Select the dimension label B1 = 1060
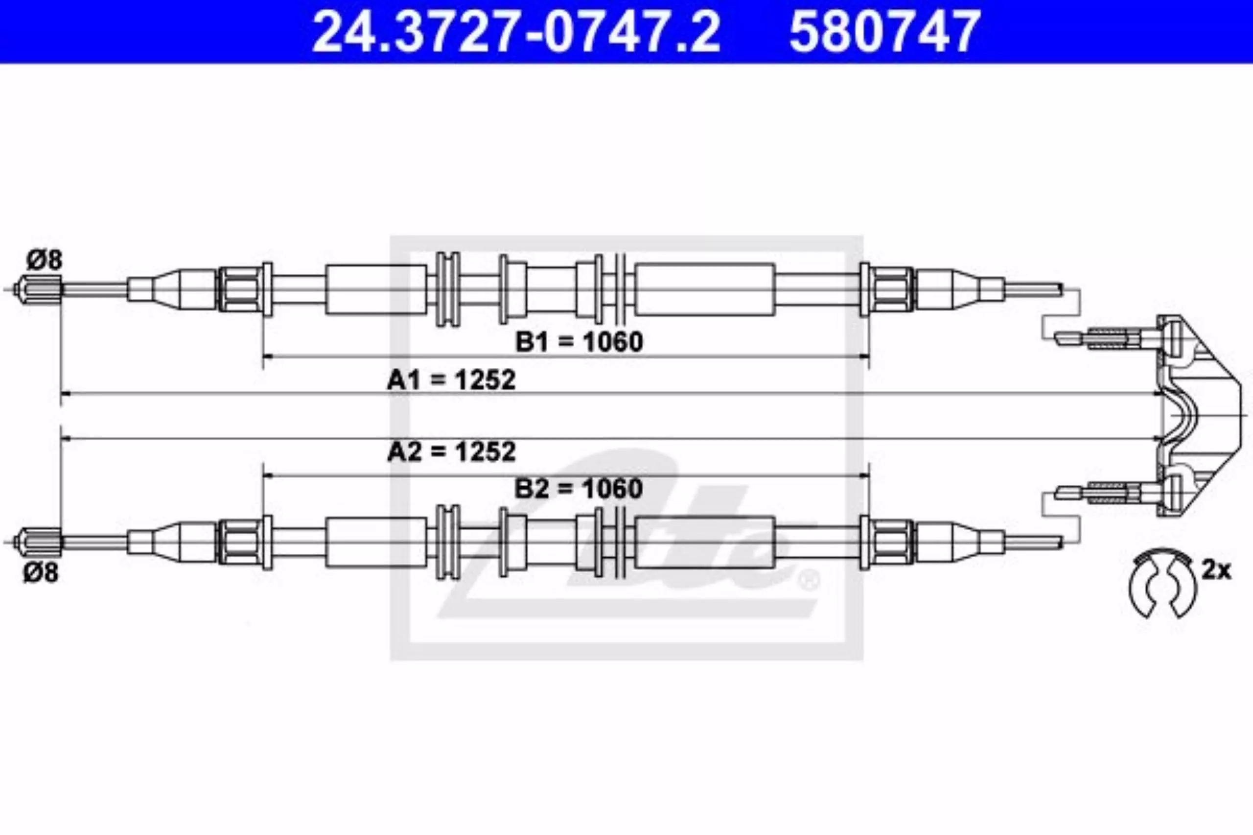(x=579, y=341)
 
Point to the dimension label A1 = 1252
(x=451, y=380)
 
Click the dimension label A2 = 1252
(x=451, y=452)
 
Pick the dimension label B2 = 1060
(x=579, y=488)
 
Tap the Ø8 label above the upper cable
(x=45, y=260)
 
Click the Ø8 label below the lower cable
(x=41, y=573)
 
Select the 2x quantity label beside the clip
(x=1216, y=571)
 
